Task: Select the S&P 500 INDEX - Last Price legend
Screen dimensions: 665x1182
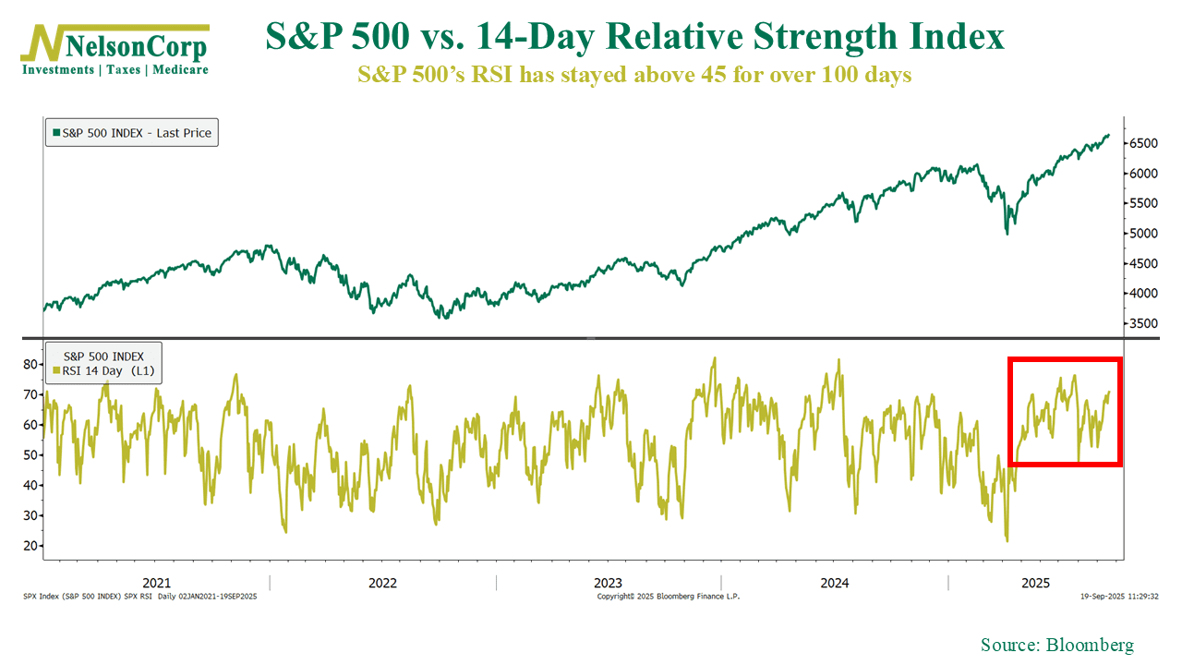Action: (x=132, y=133)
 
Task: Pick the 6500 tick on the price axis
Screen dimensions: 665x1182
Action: (x=1142, y=143)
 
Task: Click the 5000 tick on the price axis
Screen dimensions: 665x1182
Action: (x=1142, y=234)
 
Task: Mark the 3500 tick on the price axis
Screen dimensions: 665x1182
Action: (x=1142, y=324)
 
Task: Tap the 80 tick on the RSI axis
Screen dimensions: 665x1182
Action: (x=30, y=364)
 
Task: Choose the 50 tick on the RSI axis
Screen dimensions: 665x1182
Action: (x=30, y=455)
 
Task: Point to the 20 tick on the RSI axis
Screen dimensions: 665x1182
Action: (x=30, y=546)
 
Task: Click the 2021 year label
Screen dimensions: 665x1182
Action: (x=156, y=583)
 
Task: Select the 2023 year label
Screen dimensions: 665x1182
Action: (x=608, y=583)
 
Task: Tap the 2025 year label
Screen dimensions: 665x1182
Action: (x=1035, y=583)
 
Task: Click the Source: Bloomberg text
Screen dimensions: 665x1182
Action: (x=1056, y=645)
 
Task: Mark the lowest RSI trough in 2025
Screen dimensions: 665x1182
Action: (x=1007, y=540)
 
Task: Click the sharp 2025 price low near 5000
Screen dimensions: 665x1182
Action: (x=1006, y=233)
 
